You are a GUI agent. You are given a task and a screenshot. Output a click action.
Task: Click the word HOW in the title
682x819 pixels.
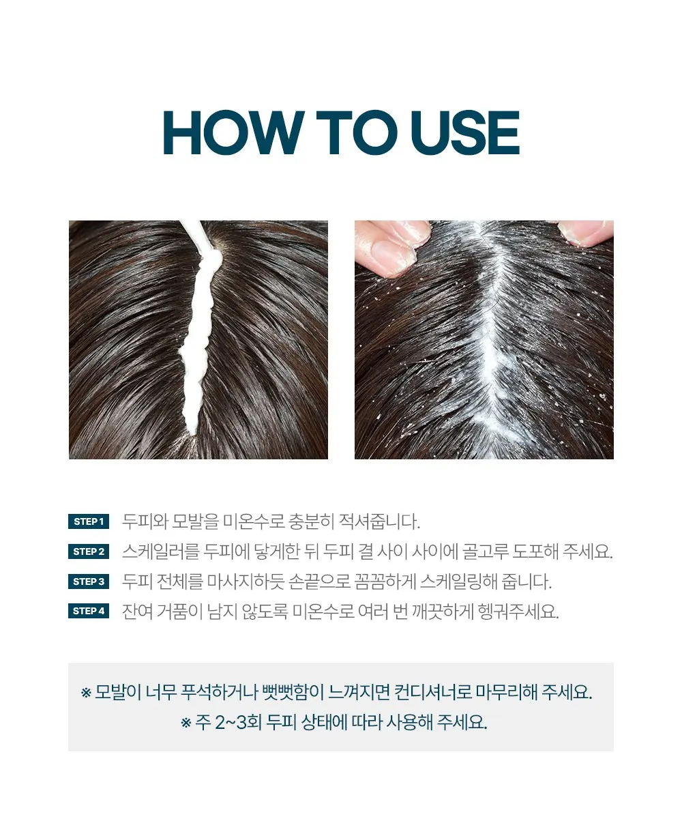[234, 132]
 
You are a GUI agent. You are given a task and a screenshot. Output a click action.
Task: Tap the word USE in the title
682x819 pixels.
[465, 132]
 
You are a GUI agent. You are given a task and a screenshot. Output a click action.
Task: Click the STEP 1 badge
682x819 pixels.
[89, 521]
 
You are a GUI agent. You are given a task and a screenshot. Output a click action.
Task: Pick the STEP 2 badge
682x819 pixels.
[89, 551]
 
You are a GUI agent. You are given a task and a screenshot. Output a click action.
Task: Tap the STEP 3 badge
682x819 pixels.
[89, 581]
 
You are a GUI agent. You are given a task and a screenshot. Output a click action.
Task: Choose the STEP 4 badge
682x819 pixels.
[89, 611]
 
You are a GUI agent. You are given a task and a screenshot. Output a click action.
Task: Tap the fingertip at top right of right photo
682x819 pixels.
[586, 233]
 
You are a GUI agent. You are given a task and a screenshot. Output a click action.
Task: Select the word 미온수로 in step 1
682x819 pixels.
[254, 521]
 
